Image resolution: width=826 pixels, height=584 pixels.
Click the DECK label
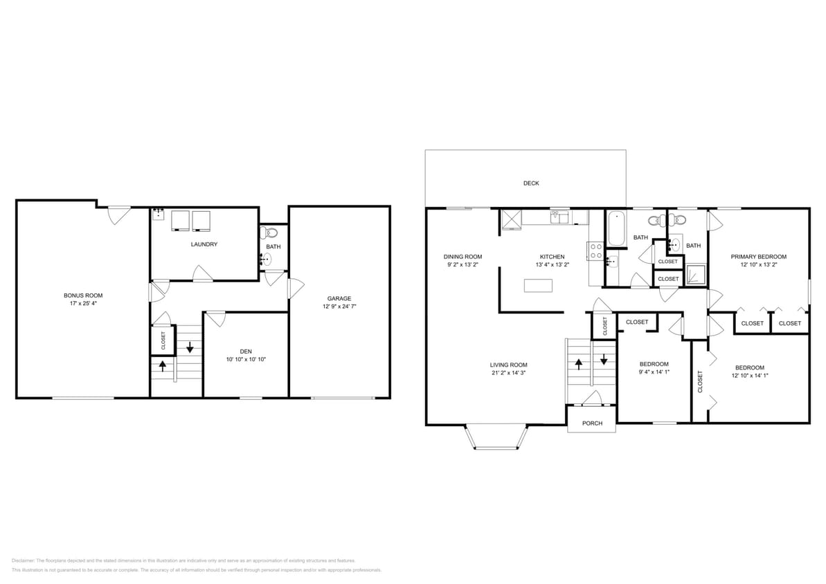pyautogui.click(x=531, y=183)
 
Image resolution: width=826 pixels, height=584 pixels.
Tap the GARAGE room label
pyautogui.click(x=339, y=298)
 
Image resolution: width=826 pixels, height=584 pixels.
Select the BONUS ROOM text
pyautogui.click(x=83, y=295)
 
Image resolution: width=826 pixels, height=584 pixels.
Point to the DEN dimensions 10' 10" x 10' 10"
pyautogui.click(x=246, y=359)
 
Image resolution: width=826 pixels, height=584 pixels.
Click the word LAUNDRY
pyautogui.click(x=204, y=244)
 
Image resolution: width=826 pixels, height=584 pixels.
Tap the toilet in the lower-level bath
pyautogui.click(x=271, y=232)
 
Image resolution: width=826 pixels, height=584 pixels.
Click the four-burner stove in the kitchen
pyautogui.click(x=595, y=251)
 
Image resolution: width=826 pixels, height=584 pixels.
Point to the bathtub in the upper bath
pyautogui.click(x=616, y=228)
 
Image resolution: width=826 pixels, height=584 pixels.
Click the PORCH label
pyautogui.click(x=592, y=423)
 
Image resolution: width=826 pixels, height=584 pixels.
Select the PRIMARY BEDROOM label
pyautogui.click(x=759, y=257)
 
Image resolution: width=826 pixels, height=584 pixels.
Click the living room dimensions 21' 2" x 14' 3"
pyautogui.click(x=509, y=374)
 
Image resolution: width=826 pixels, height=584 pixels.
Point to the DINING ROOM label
pyautogui.click(x=463, y=257)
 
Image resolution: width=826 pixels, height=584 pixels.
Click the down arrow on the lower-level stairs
pyautogui.click(x=190, y=349)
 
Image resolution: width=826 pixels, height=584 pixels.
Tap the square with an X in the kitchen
pyautogui.click(x=511, y=219)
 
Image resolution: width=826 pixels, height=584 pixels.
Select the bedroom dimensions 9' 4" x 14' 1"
pyautogui.click(x=654, y=372)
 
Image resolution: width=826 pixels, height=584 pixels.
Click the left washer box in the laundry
pyautogui.click(x=180, y=220)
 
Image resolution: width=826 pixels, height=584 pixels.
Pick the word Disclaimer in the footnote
pyautogui.click(x=23, y=560)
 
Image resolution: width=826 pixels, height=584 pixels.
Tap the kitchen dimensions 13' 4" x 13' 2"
pyautogui.click(x=552, y=265)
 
